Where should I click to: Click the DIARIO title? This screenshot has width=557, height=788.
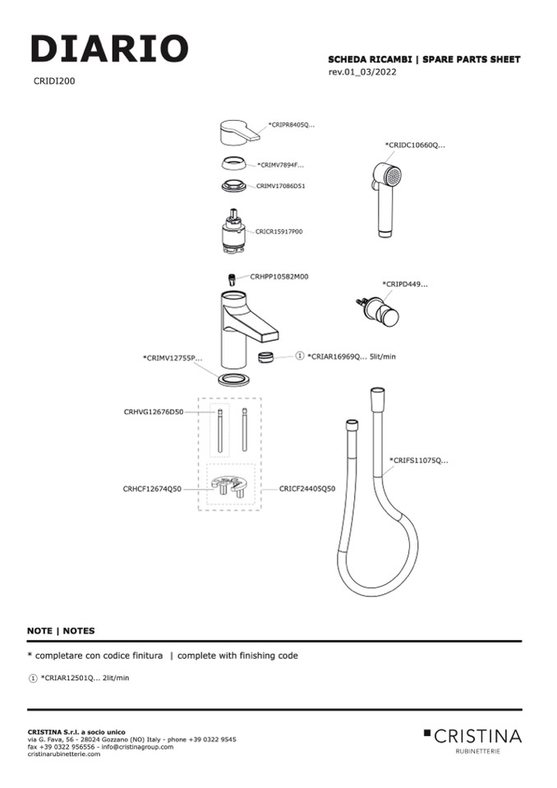[x=109, y=48]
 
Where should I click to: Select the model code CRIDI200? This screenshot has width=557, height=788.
[x=54, y=81]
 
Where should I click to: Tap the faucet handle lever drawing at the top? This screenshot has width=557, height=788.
[x=238, y=131]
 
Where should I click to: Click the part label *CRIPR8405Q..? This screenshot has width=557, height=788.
[x=292, y=125]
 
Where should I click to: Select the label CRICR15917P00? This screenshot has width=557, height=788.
[x=278, y=232]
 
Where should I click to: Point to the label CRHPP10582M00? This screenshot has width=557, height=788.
[x=278, y=277]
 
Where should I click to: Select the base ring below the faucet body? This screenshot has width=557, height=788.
[x=234, y=379]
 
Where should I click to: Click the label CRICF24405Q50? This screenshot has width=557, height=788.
[x=306, y=488]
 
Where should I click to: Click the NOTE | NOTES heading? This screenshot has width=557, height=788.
[x=61, y=631]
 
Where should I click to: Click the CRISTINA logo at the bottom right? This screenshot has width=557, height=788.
[x=474, y=736]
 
